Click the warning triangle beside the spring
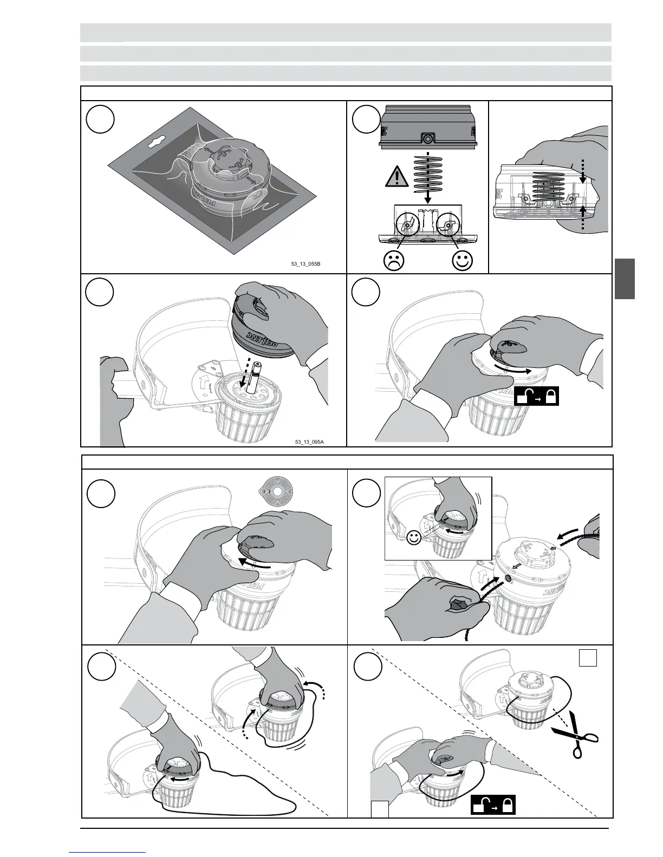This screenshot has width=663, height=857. click(397, 177)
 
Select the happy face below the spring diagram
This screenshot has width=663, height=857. click(462, 261)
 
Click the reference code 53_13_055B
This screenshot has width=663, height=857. click(307, 264)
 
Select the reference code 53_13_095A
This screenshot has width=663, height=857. click(310, 442)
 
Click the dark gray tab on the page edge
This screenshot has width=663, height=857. click(625, 279)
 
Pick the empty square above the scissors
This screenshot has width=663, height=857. click(588, 658)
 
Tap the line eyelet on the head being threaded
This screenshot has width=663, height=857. click(508, 578)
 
